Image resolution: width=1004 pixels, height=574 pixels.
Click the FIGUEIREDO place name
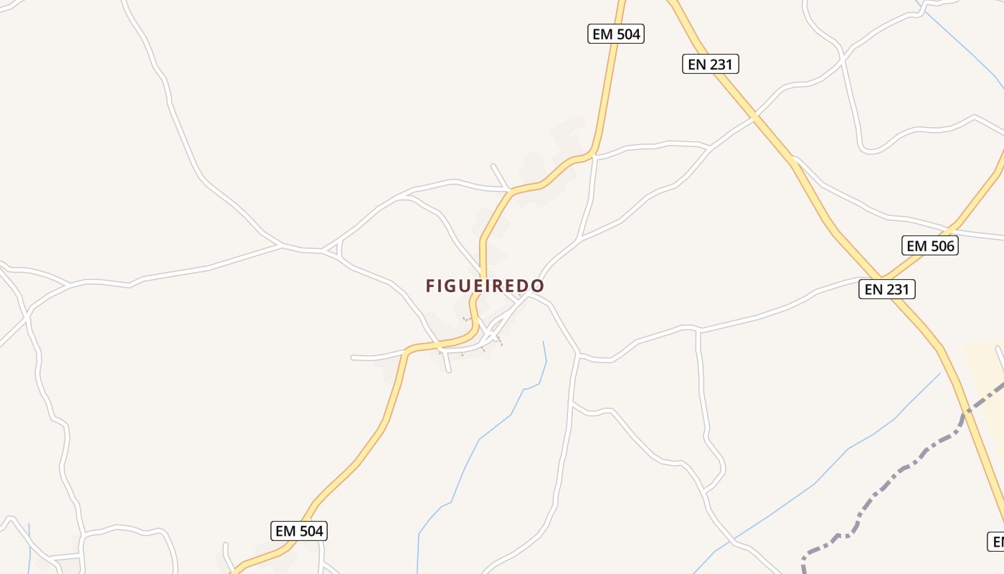[485, 286]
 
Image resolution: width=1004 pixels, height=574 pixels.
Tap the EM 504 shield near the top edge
[615, 34]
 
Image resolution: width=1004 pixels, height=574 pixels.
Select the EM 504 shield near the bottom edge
[300, 531]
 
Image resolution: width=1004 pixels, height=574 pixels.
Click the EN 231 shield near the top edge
[709, 64]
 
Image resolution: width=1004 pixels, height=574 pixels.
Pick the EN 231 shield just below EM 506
[886, 289]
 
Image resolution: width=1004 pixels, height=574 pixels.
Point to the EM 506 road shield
[929, 245]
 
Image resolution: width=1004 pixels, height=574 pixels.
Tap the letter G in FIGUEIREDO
[454, 286]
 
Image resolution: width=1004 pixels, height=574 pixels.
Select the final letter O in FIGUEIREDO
[538, 286]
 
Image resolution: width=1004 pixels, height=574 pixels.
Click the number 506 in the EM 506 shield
[941, 245]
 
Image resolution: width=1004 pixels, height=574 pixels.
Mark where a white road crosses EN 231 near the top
[755, 115]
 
